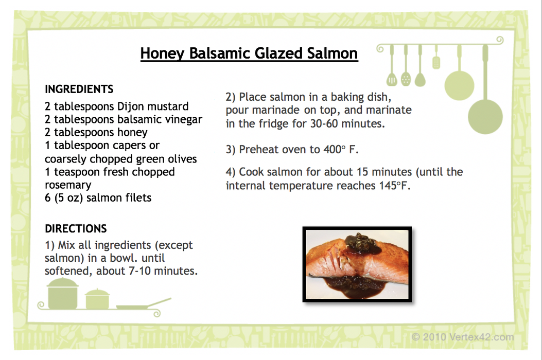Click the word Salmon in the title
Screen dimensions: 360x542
coord(333,53)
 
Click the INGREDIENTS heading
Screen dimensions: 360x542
coord(79,89)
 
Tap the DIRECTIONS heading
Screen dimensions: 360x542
coord(76,229)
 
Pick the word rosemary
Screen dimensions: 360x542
coord(68,185)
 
